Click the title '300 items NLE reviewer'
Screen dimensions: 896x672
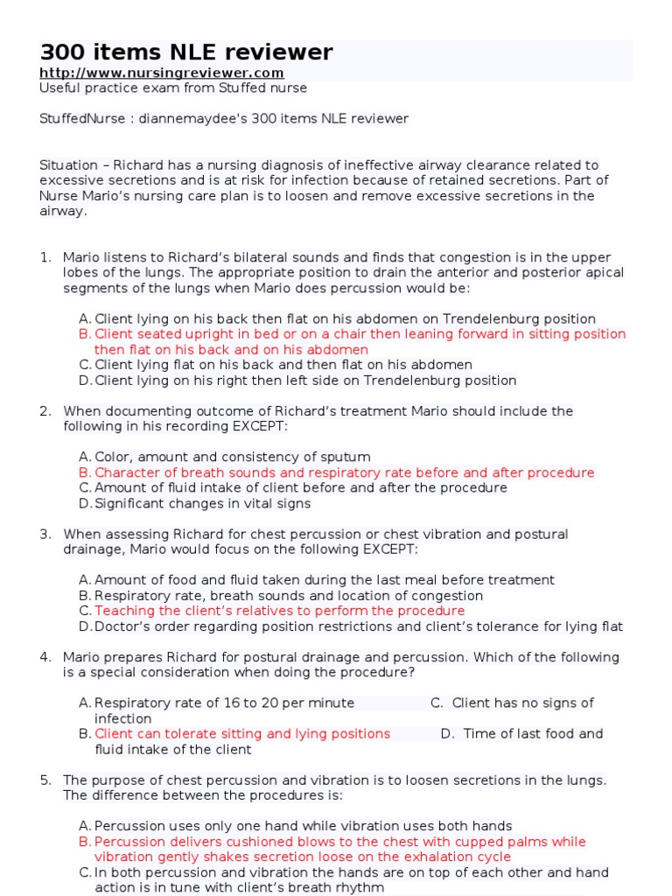click(185, 52)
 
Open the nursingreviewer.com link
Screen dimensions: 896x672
click(162, 73)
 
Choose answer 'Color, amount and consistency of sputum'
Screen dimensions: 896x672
click(232, 457)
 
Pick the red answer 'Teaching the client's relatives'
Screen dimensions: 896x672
click(279, 611)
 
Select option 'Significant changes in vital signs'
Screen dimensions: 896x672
click(202, 503)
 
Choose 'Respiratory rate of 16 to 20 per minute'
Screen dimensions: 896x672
click(224, 703)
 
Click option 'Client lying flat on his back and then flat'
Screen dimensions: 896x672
click(283, 365)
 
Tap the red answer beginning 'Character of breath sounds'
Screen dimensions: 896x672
click(344, 472)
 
